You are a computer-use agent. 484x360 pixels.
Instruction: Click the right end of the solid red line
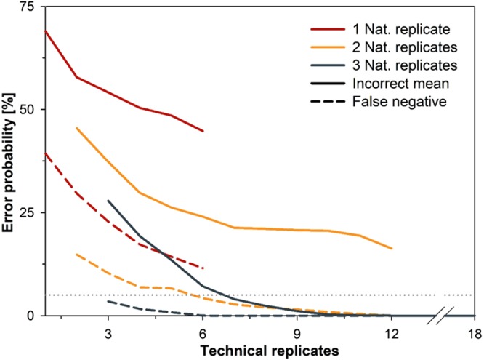(x=203, y=131)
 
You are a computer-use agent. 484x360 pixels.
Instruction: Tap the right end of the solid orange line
(x=392, y=249)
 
